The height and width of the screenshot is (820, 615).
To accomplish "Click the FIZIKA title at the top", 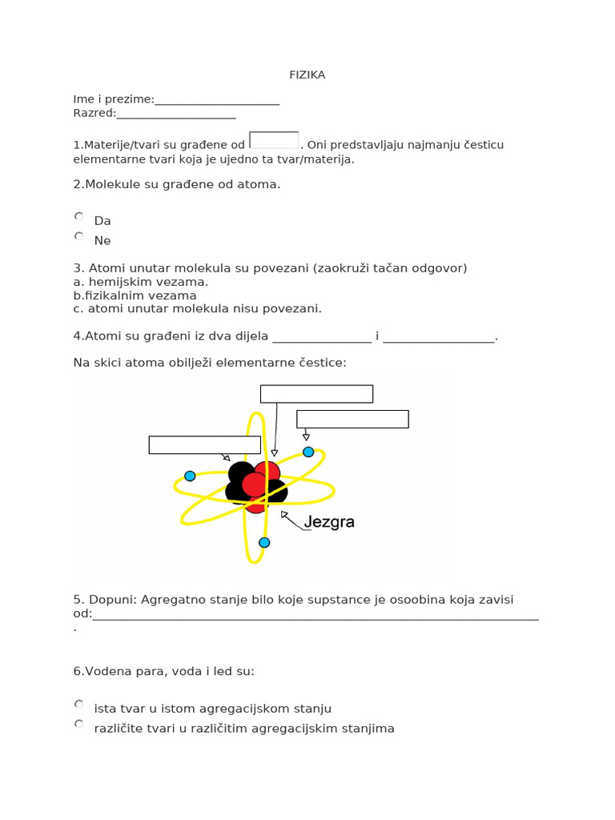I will tap(307, 75).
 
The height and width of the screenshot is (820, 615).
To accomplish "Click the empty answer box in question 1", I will tap(274, 140).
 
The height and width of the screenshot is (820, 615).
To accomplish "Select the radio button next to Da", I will tap(78, 216).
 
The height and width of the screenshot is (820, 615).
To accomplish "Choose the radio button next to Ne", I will tap(78, 236).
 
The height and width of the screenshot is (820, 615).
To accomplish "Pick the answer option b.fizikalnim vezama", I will tap(135, 295).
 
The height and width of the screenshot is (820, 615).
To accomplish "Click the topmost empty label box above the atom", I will tap(316, 393).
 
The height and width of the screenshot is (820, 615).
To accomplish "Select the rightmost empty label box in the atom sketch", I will tap(352, 419).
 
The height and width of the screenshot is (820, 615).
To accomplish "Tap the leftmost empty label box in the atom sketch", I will tap(204, 444).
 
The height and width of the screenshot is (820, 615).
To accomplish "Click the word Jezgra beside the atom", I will tap(329, 522).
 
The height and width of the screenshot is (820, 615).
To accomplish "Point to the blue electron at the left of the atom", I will tap(190, 476).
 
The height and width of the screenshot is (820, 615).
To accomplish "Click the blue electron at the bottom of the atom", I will tap(264, 542).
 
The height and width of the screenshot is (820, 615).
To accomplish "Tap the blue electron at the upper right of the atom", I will tap(308, 452).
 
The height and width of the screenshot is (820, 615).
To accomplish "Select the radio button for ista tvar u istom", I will tap(78, 704).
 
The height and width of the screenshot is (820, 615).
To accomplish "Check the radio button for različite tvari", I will tap(78, 724).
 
